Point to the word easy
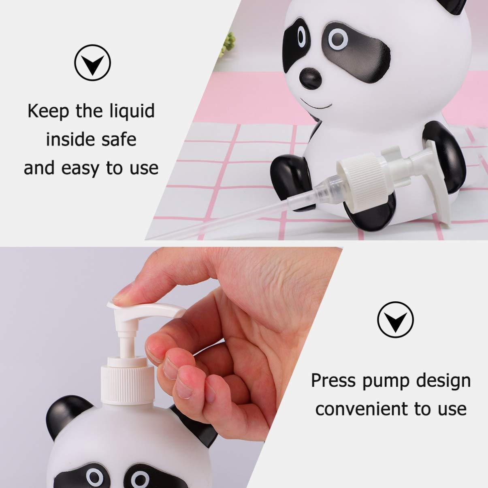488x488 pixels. tap(79, 168)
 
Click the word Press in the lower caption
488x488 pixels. tap(332, 381)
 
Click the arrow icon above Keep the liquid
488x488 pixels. tap(92, 63)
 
